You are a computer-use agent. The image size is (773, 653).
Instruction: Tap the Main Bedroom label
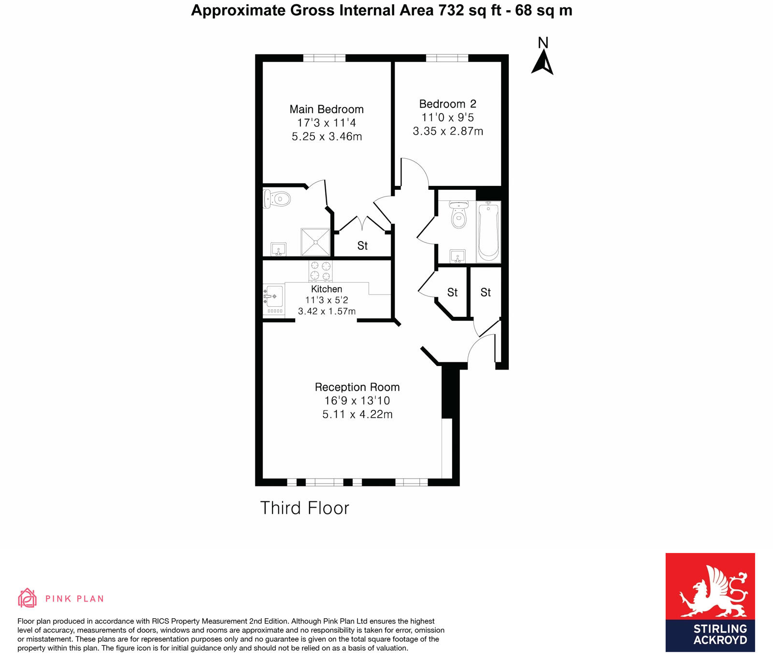[327, 109]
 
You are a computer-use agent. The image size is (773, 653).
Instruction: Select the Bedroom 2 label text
[447, 104]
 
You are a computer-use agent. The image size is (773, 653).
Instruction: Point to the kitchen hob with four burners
[320, 271]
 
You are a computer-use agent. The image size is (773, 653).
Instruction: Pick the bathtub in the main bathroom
[488, 231]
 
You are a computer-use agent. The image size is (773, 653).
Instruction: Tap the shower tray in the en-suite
[315, 242]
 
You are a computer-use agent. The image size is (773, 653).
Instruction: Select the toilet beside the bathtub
[458, 216]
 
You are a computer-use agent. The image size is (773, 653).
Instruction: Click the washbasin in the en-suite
[278, 249]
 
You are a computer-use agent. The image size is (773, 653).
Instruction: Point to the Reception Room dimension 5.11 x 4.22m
[357, 414]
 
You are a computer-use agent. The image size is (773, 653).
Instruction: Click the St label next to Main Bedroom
[362, 246]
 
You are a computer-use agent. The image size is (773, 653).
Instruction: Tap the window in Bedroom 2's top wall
[447, 58]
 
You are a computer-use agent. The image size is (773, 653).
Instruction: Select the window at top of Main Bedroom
[324, 58]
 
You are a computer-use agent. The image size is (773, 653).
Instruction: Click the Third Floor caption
[304, 508]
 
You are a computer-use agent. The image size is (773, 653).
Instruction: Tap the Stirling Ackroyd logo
[710, 602]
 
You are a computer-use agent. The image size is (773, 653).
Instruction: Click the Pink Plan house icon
[27, 598]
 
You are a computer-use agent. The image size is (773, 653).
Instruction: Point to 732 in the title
[451, 10]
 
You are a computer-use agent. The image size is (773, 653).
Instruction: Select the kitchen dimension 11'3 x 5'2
[327, 300]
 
